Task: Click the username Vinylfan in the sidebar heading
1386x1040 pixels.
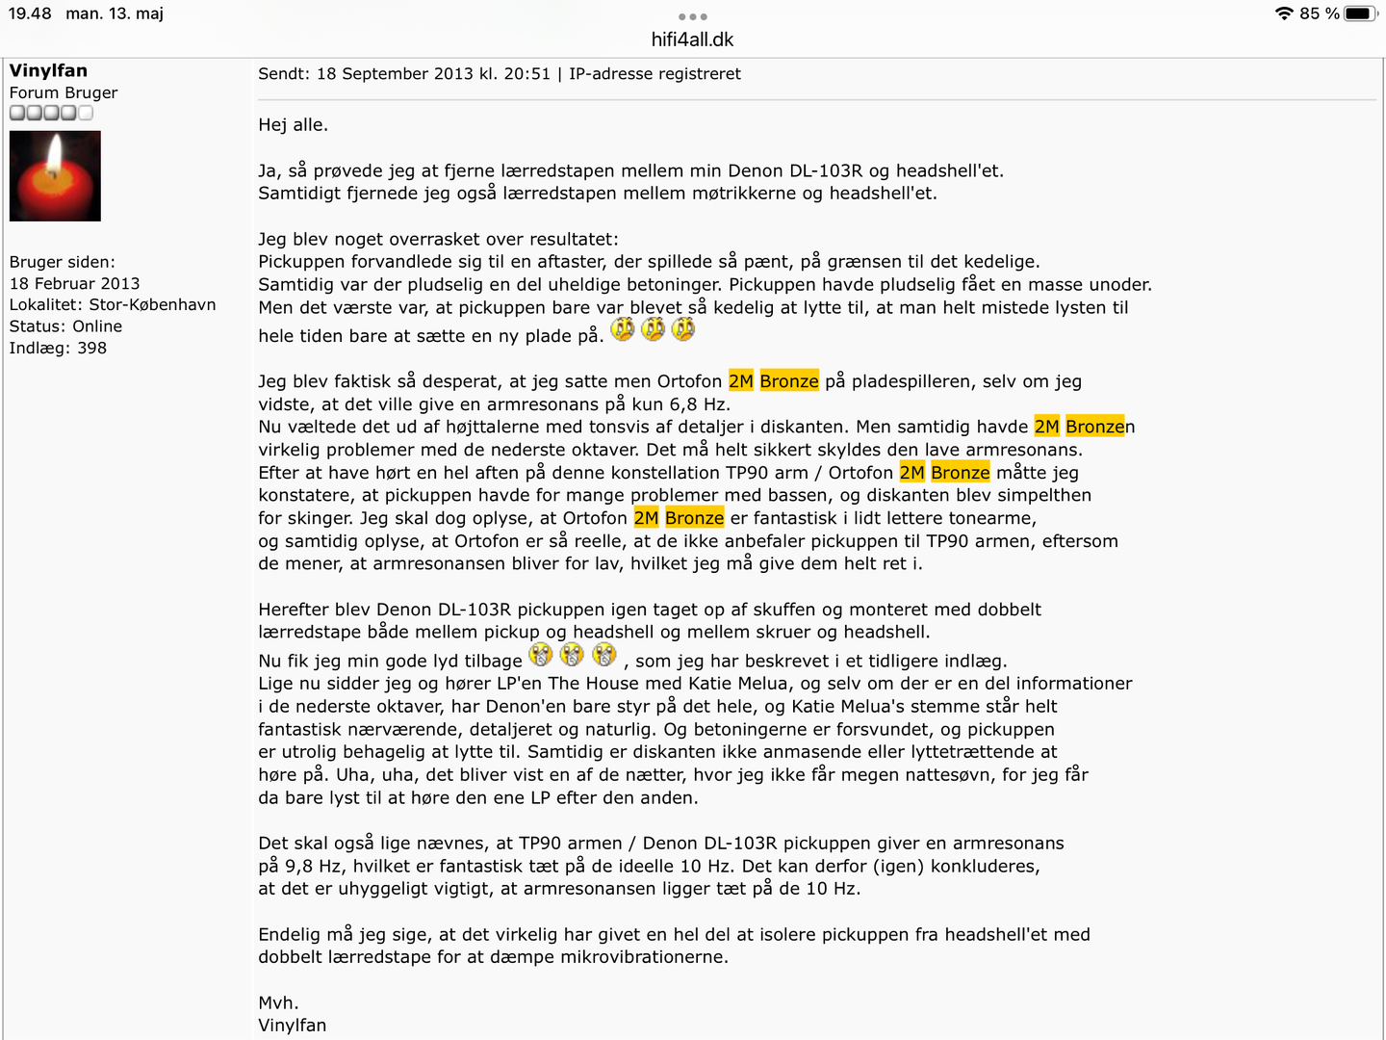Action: pyautogui.click(x=48, y=70)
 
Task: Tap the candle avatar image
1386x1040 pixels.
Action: pyautogui.click(x=55, y=176)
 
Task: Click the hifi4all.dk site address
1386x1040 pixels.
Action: pyautogui.click(x=692, y=39)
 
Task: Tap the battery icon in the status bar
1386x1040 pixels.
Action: pyautogui.click(x=1361, y=13)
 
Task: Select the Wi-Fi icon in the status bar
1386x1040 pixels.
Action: pyautogui.click(x=1284, y=13)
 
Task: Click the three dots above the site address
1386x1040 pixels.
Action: pyautogui.click(x=692, y=16)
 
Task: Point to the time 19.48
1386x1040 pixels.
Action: pyautogui.click(x=30, y=13)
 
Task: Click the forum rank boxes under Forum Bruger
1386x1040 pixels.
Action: pyautogui.click(x=51, y=113)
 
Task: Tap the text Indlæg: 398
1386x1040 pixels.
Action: pyautogui.click(x=58, y=348)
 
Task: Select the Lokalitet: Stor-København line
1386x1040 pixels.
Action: pyautogui.click(x=113, y=304)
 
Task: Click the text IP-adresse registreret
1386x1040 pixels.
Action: pyautogui.click(x=654, y=74)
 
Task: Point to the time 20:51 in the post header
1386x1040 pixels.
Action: pyautogui.click(x=528, y=74)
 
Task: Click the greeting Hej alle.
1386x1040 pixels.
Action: pyautogui.click(x=293, y=125)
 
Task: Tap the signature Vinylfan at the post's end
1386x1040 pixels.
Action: pyautogui.click(x=292, y=1026)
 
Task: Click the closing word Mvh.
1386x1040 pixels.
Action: pyautogui.click(x=278, y=1002)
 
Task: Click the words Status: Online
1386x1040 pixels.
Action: pyautogui.click(x=65, y=326)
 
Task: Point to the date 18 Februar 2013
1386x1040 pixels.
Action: pyautogui.click(x=74, y=283)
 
